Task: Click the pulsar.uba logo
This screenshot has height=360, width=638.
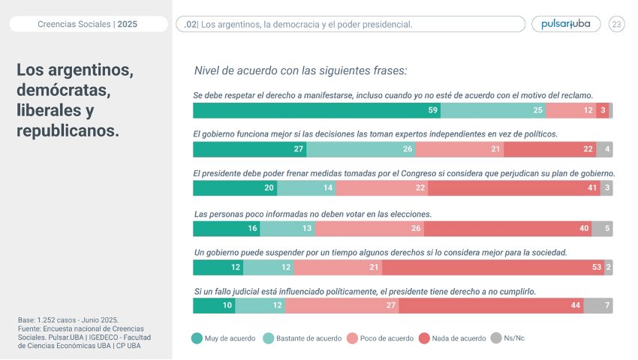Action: (565, 24)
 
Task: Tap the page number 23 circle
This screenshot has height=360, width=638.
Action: (617, 24)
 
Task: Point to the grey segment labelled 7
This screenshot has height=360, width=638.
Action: (598, 306)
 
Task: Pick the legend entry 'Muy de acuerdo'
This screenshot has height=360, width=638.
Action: (224, 338)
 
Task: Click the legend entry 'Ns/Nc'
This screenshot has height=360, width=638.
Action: (507, 338)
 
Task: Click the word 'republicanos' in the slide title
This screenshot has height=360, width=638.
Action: (68, 130)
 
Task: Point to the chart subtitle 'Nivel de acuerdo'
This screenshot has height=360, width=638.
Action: (300, 70)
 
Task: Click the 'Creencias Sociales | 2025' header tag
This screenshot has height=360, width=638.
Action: (87, 25)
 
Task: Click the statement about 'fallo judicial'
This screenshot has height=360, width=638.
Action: (364, 291)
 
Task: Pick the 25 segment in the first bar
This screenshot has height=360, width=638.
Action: (493, 111)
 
